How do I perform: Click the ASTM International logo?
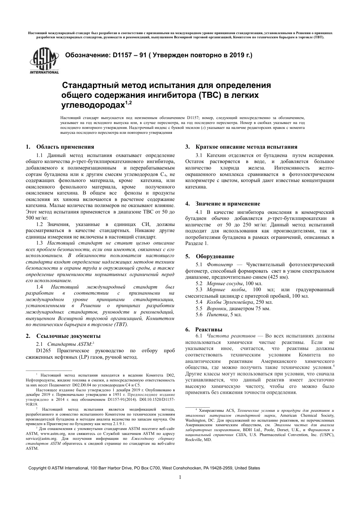click(x=44, y=61)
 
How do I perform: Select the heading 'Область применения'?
click(x=65, y=147)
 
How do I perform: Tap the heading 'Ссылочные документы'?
click(x=68, y=336)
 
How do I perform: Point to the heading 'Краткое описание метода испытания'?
click(x=246, y=147)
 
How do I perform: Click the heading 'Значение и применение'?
click(x=228, y=204)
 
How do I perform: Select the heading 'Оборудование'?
click(x=215, y=256)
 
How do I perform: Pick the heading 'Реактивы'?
click(x=209, y=330)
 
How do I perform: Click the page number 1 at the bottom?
click(x=180, y=477)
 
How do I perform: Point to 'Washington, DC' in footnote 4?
click(x=199, y=421)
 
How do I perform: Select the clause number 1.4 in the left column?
click(x=40, y=287)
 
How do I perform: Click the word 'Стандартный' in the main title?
click(x=89, y=84)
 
